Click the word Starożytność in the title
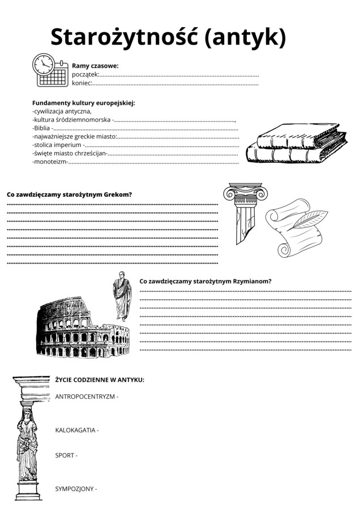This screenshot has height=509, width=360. coord(123,37)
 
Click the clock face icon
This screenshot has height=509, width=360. coord(43,64)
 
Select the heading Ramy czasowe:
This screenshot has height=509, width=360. coord(95,66)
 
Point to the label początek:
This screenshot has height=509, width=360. coord(85,75)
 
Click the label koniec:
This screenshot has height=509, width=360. coord(82,84)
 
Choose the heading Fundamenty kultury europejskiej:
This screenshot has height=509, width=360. coord(84,103)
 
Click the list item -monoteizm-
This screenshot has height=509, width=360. coord(50,162)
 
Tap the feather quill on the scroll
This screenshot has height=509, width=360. coord(308,218)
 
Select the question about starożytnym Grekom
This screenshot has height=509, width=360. coord(70,195)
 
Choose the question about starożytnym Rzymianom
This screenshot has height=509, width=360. coord(205,281)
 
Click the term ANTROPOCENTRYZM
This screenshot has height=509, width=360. coord(85,396)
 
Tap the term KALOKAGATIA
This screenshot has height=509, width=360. coord(75,430)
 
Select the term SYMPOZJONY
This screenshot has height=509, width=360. coord(74,489)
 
